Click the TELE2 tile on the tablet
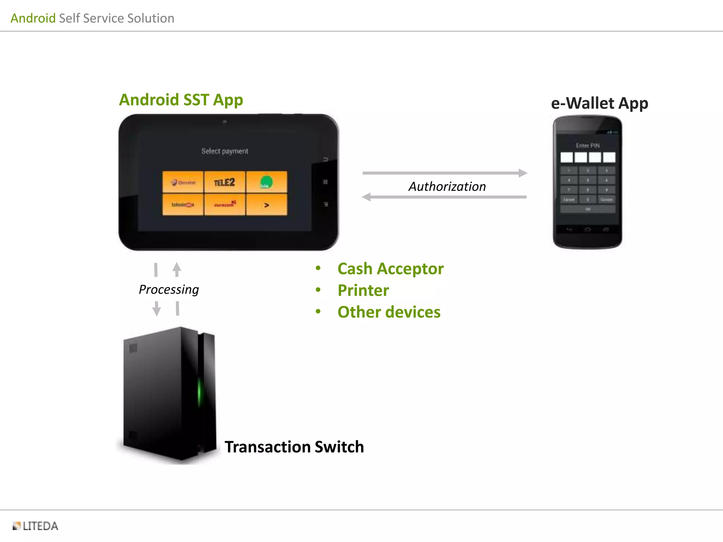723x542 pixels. (x=225, y=182)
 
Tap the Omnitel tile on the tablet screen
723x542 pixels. (x=183, y=182)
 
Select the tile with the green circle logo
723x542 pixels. (x=267, y=182)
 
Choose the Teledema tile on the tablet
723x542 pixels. (x=183, y=205)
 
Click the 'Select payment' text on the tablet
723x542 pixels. (x=225, y=151)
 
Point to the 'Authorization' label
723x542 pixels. (x=447, y=186)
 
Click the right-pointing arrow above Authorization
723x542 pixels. (x=445, y=173)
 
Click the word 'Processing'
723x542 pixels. (x=169, y=289)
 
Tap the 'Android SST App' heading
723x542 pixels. (x=181, y=100)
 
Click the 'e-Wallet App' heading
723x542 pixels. (x=599, y=103)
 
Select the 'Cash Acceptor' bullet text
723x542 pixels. (x=390, y=269)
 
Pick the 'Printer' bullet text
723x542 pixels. (x=363, y=290)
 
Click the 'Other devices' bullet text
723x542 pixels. (x=389, y=312)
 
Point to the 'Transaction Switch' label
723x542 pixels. (x=294, y=447)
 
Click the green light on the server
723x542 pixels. (x=199, y=392)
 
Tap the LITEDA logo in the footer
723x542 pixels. (x=36, y=526)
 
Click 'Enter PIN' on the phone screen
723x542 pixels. (x=588, y=145)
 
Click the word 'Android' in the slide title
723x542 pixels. (x=33, y=18)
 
